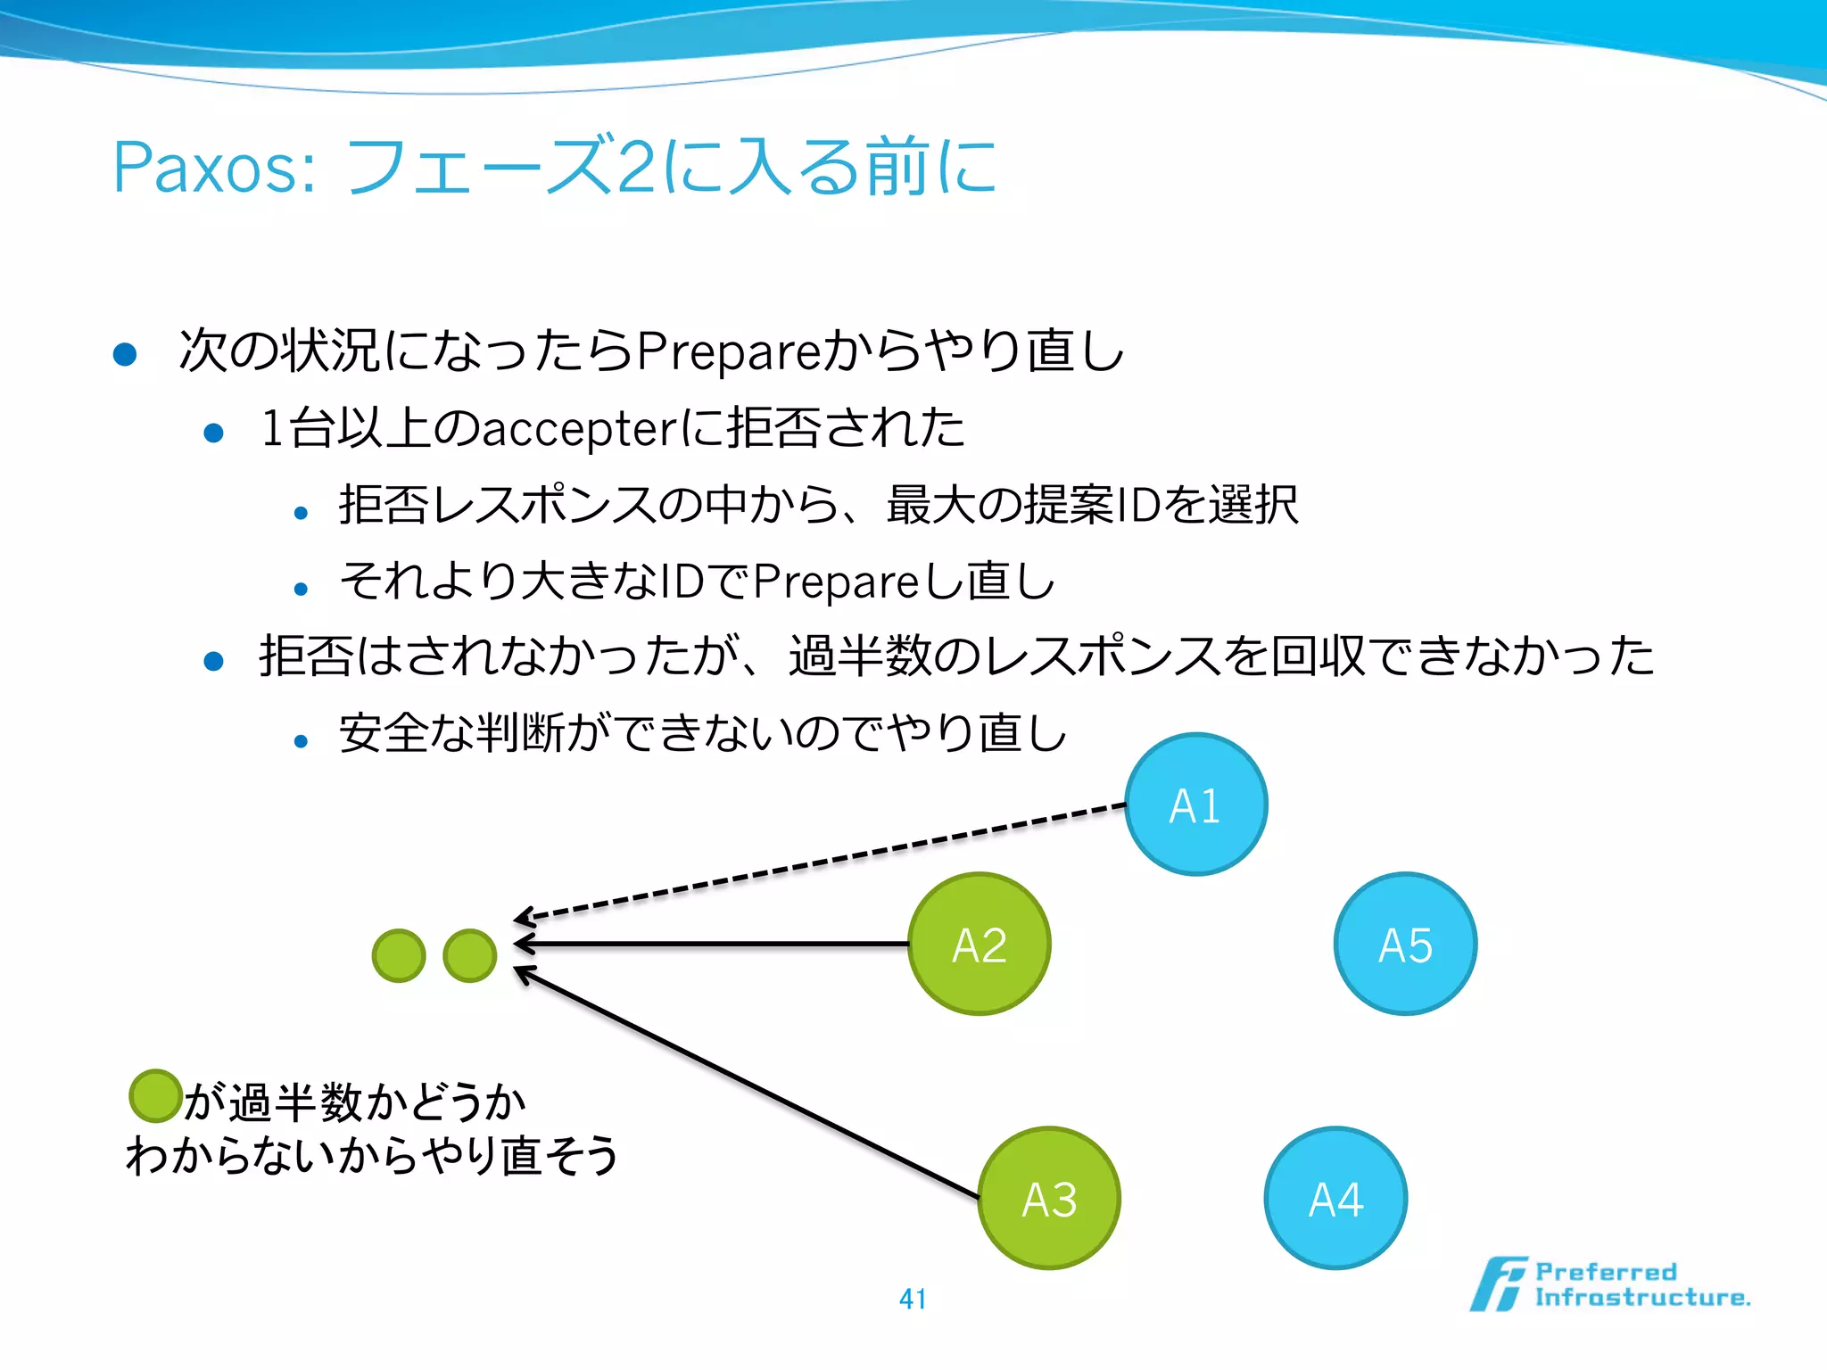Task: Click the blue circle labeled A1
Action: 1195,805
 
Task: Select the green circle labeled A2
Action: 980,944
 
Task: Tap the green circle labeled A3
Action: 1049,1198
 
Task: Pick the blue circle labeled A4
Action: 1335,1198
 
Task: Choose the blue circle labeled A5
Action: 1405,944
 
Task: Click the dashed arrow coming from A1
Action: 821,862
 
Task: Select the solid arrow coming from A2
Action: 714,943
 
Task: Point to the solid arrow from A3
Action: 749,1083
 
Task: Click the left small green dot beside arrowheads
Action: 399,955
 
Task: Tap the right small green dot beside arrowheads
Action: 469,955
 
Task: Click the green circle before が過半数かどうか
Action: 156,1096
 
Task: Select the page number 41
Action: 913,1299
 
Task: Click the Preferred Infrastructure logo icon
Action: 1499,1284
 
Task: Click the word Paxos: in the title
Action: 214,168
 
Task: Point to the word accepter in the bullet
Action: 580,429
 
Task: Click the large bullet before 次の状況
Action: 125,354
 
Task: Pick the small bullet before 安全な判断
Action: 301,740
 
